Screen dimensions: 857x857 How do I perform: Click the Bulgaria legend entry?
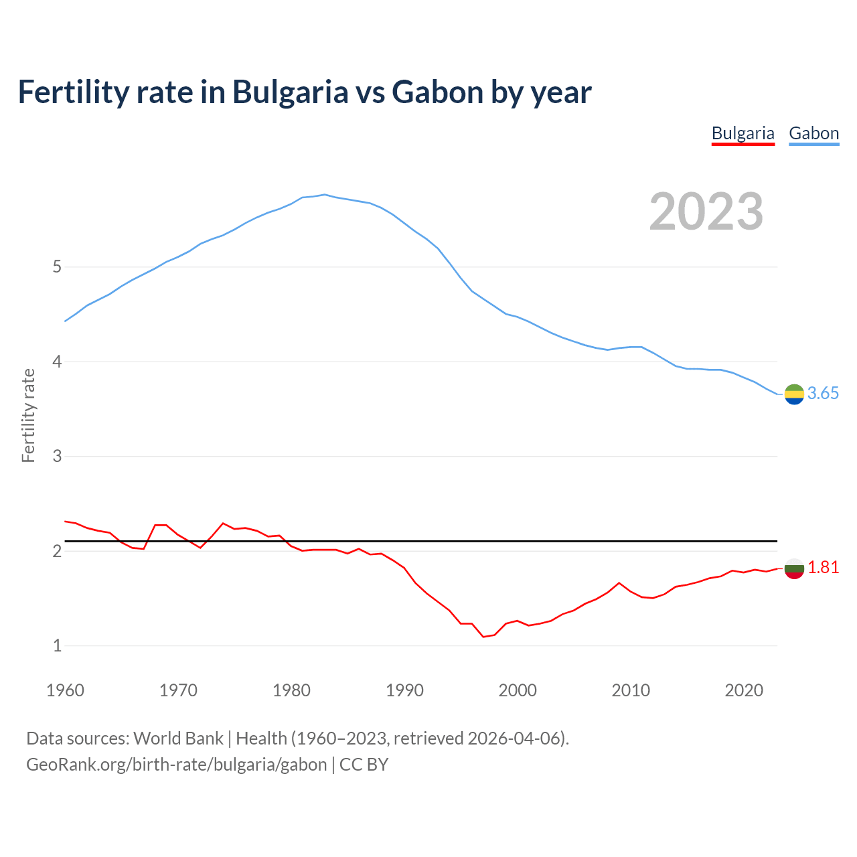(743, 133)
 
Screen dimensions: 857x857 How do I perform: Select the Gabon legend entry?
(813, 133)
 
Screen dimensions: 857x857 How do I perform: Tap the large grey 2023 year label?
(706, 212)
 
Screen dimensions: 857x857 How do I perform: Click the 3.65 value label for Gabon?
(823, 394)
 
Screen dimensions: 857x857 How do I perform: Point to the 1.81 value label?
(823, 568)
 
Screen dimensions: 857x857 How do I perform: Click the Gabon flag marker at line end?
(794, 395)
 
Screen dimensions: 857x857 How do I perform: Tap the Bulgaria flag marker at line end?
(794, 568)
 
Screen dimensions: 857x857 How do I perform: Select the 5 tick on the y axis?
(57, 267)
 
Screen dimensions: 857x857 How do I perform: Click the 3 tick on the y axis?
(57, 457)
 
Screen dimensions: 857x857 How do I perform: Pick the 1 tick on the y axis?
(57, 646)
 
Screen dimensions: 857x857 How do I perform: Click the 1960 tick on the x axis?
(65, 690)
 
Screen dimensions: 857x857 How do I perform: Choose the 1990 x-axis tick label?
(404, 690)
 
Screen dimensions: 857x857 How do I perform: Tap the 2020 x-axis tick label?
(744, 690)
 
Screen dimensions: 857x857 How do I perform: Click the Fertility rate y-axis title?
(28, 415)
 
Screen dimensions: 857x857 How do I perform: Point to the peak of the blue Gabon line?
(325, 195)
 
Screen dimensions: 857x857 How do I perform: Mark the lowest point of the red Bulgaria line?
(483, 636)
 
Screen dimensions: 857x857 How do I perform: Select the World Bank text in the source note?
(178, 738)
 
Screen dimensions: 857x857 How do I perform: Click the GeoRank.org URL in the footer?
(177, 765)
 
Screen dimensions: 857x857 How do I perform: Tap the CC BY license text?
(364, 765)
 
